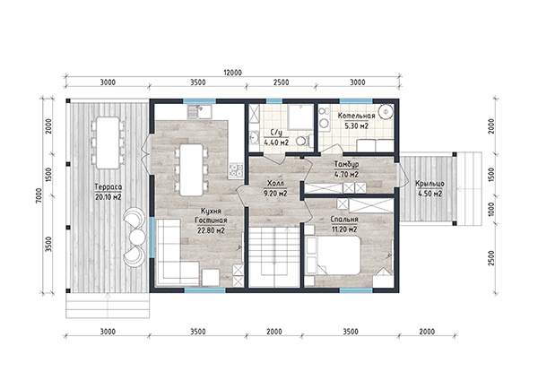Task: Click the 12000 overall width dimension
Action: click(x=232, y=73)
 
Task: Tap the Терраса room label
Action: click(x=108, y=187)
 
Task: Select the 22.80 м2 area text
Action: click(x=211, y=230)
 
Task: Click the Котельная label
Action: click(x=356, y=116)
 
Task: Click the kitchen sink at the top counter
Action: click(x=199, y=112)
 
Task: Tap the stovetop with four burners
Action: click(x=236, y=170)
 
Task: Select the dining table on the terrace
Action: click(x=108, y=143)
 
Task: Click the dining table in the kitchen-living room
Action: click(x=192, y=169)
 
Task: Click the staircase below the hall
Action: click(x=274, y=256)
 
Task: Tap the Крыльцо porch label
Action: click(x=430, y=184)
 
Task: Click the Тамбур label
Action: click(x=346, y=164)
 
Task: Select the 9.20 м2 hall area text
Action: click(x=275, y=194)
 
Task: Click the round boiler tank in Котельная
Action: click(x=386, y=111)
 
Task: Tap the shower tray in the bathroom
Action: click(x=300, y=117)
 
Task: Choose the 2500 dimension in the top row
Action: click(x=281, y=82)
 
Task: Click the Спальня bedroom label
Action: click(x=344, y=220)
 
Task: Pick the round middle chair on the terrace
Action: click(x=137, y=237)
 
